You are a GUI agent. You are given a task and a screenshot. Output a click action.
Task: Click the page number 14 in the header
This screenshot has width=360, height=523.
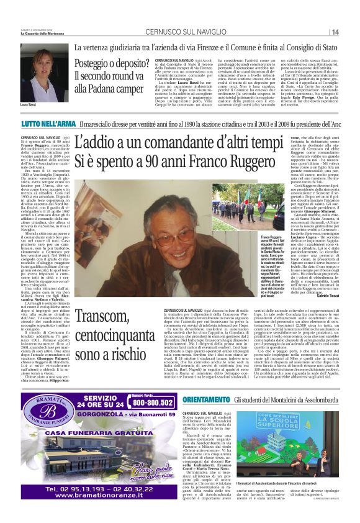[x=352, y=32]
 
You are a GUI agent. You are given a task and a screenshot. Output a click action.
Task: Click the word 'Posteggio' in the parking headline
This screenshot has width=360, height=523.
[x=91, y=63]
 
